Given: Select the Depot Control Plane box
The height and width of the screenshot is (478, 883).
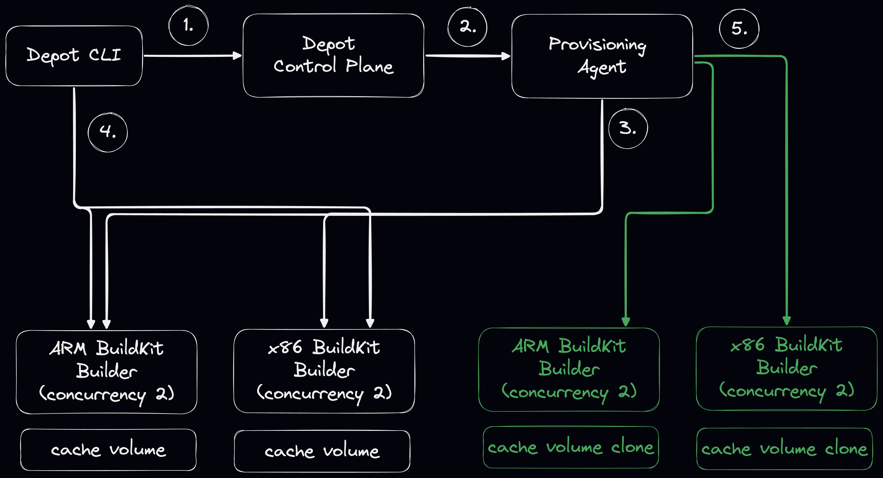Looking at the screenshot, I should (x=333, y=56).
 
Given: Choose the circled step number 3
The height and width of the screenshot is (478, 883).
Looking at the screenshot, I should (x=628, y=129).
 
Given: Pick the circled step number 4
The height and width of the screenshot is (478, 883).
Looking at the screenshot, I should (x=108, y=132).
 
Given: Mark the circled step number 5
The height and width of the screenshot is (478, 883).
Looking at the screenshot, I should (x=739, y=29).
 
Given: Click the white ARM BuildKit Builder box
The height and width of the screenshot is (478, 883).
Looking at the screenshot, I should (x=107, y=372).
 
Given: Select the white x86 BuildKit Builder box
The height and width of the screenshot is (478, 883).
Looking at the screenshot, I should (x=324, y=371).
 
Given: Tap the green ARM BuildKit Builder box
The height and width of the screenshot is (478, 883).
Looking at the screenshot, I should (x=569, y=370).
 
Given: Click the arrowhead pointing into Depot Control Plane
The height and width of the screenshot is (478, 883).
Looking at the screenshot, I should (x=237, y=56).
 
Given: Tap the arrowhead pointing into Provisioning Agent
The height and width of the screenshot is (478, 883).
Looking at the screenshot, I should (x=506, y=56).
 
